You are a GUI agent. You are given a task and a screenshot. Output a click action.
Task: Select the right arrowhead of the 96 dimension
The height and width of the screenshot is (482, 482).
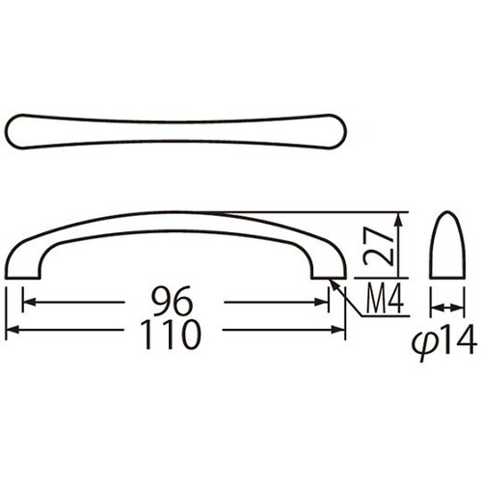tap(324, 303)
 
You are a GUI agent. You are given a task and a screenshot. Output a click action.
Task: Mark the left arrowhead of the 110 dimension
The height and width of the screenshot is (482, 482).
tap(13, 330)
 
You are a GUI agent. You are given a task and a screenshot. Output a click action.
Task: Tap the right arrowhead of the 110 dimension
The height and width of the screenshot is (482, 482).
tap(340, 330)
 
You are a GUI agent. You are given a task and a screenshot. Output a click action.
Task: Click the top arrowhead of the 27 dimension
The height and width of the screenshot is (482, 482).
tap(404, 217)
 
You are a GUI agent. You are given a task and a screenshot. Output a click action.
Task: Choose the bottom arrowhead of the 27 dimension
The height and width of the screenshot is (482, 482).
tap(404, 274)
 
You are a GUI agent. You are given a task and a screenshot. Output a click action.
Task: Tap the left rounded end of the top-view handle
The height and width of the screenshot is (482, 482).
tap(13, 131)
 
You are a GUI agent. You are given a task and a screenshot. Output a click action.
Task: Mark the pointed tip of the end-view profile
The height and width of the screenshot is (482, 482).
tap(444, 213)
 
